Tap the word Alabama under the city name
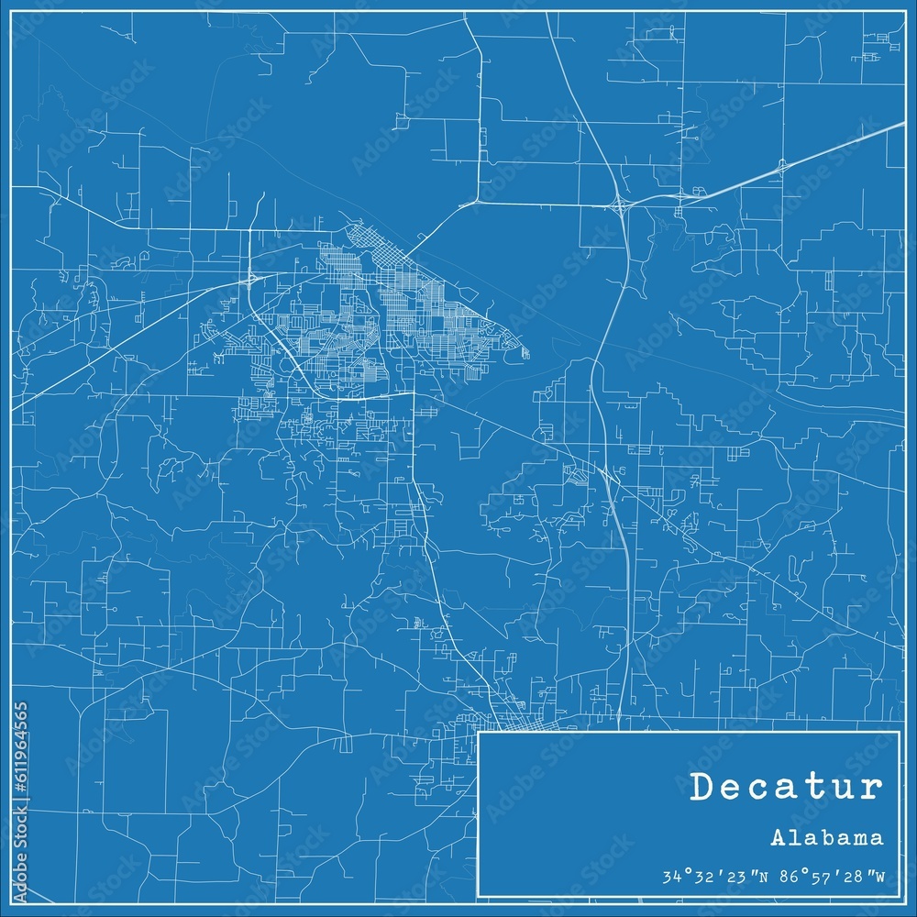(827, 838)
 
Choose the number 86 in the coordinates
(786, 878)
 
